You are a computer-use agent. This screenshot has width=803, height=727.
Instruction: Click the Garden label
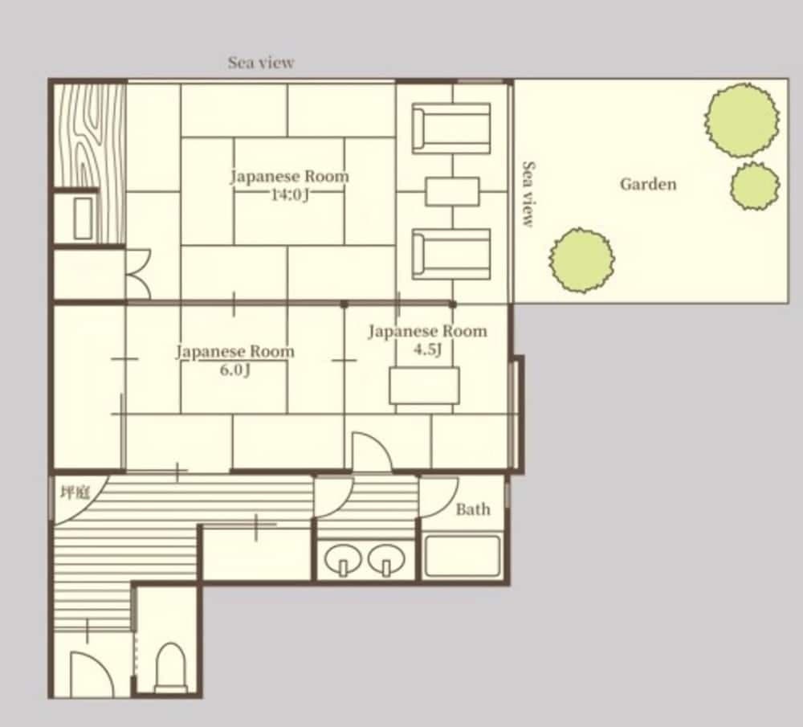(x=648, y=184)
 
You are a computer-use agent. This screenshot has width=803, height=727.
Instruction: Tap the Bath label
(x=473, y=509)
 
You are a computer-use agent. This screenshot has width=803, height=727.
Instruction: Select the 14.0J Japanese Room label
(x=290, y=176)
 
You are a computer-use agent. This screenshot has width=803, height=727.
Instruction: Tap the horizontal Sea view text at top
(x=261, y=63)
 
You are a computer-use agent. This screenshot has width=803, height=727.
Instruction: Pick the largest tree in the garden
(x=741, y=120)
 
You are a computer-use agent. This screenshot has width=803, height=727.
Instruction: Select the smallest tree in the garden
(x=755, y=186)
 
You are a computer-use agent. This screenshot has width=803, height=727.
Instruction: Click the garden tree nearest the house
(x=582, y=260)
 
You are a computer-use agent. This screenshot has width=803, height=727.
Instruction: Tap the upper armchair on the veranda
(x=451, y=128)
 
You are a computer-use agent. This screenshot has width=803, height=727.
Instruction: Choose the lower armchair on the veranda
(x=451, y=254)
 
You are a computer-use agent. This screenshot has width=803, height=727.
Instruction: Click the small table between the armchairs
(x=453, y=191)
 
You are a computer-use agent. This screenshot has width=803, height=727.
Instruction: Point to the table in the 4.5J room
(x=425, y=386)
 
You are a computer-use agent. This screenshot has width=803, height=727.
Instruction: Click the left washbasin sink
(x=343, y=557)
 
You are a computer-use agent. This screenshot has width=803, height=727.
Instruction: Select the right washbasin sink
(x=386, y=557)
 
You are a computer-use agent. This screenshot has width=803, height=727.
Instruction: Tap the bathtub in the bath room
(x=463, y=556)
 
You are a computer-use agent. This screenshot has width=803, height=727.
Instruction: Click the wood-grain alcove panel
(x=88, y=133)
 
